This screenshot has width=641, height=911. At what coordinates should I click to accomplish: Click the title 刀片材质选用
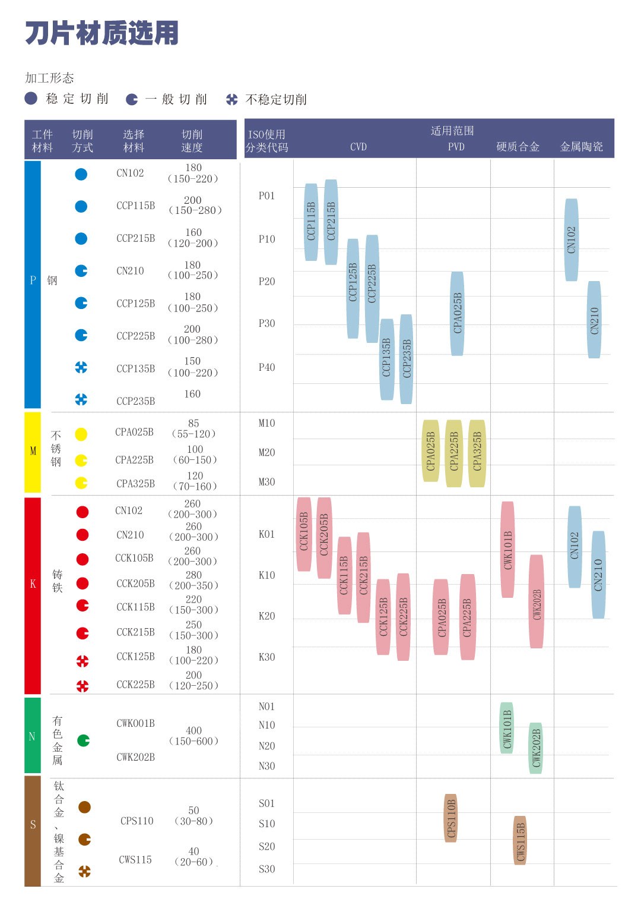(x=101, y=33)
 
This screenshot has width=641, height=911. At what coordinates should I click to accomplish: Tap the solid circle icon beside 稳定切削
(x=31, y=99)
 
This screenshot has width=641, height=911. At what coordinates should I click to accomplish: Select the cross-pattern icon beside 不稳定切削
(x=231, y=99)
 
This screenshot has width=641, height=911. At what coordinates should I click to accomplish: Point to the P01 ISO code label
(x=266, y=196)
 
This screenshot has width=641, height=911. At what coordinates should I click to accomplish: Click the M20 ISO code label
(x=266, y=453)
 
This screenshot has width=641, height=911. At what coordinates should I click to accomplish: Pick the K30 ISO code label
(x=266, y=657)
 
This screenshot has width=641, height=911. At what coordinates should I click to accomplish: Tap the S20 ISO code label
(x=266, y=847)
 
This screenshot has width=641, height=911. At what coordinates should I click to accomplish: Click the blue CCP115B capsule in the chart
(x=311, y=222)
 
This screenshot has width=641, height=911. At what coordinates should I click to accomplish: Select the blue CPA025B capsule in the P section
(x=457, y=313)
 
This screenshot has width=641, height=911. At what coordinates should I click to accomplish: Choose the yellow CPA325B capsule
(x=477, y=453)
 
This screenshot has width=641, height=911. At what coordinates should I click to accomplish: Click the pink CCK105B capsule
(x=304, y=534)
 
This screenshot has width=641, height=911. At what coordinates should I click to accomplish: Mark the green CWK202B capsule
(x=535, y=748)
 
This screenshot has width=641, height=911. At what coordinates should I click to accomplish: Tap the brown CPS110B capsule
(x=451, y=818)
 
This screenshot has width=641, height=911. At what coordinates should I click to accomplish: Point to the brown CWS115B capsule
(x=520, y=840)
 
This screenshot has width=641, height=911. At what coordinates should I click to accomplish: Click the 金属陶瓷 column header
(x=581, y=147)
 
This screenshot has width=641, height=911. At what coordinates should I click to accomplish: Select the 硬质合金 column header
(x=518, y=147)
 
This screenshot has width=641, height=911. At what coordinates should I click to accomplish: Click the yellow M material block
(x=33, y=452)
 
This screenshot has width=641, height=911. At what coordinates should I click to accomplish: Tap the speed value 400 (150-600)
(x=193, y=736)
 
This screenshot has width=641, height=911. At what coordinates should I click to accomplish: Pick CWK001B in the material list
(x=135, y=723)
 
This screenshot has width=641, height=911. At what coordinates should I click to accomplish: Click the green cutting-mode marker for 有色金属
(x=84, y=740)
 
